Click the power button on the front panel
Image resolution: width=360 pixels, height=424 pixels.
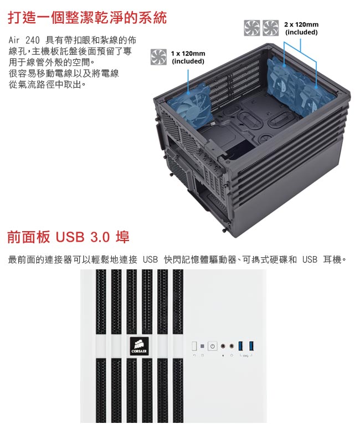point(213,346)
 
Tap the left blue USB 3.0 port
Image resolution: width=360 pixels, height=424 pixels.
point(241,346)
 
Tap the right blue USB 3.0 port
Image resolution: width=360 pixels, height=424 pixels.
point(251,346)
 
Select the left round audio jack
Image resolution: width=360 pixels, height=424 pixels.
point(223,346)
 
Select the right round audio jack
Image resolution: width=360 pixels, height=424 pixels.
point(232,346)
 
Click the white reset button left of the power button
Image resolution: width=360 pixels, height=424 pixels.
point(194,346)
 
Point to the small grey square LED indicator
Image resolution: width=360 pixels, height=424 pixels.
point(203,346)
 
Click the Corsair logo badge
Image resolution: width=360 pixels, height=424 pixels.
point(139,346)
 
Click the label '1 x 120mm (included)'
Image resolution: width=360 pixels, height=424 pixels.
point(188,57)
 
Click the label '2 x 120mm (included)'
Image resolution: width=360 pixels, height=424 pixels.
point(301,28)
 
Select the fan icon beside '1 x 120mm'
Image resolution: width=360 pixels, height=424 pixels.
point(158,57)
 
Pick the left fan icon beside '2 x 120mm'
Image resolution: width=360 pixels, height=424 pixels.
point(252,28)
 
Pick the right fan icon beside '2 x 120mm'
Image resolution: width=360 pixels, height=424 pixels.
point(270,28)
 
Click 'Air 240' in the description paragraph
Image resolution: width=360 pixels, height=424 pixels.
point(24,40)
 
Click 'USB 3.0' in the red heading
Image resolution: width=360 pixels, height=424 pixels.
point(83,237)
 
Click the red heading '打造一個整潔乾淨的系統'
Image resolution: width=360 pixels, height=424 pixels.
point(88,18)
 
